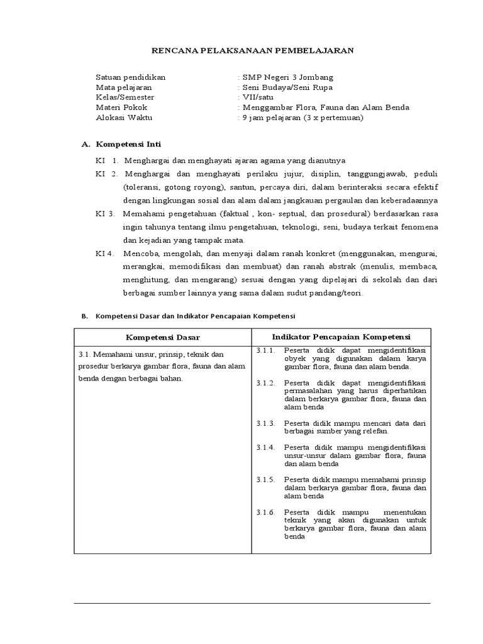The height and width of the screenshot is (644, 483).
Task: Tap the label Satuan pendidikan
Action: (131, 77)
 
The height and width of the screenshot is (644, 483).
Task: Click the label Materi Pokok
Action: (122, 108)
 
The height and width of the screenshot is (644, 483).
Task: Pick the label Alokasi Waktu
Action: (124, 118)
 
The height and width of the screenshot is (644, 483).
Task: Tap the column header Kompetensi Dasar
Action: (162, 337)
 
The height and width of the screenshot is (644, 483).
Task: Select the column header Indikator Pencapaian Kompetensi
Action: (341, 336)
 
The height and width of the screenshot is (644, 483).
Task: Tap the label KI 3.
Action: (105, 213)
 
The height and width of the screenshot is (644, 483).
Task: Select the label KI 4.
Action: (105, 253)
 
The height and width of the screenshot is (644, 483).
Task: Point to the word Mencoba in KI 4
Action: (141, 253)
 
